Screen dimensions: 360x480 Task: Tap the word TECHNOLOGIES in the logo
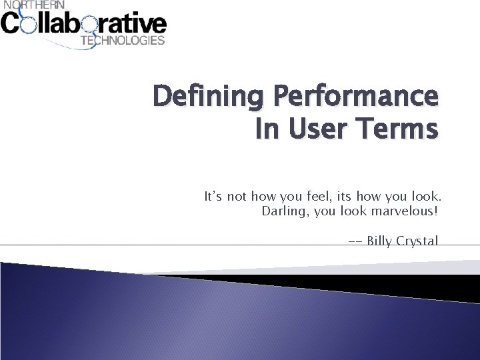122,40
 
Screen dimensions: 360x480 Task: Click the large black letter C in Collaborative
11,24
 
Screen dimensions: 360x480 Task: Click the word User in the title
317,129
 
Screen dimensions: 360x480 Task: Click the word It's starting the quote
213,197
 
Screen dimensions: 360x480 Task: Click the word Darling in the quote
282,212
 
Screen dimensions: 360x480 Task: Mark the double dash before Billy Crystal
355,241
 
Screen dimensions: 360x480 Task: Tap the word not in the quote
237,197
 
